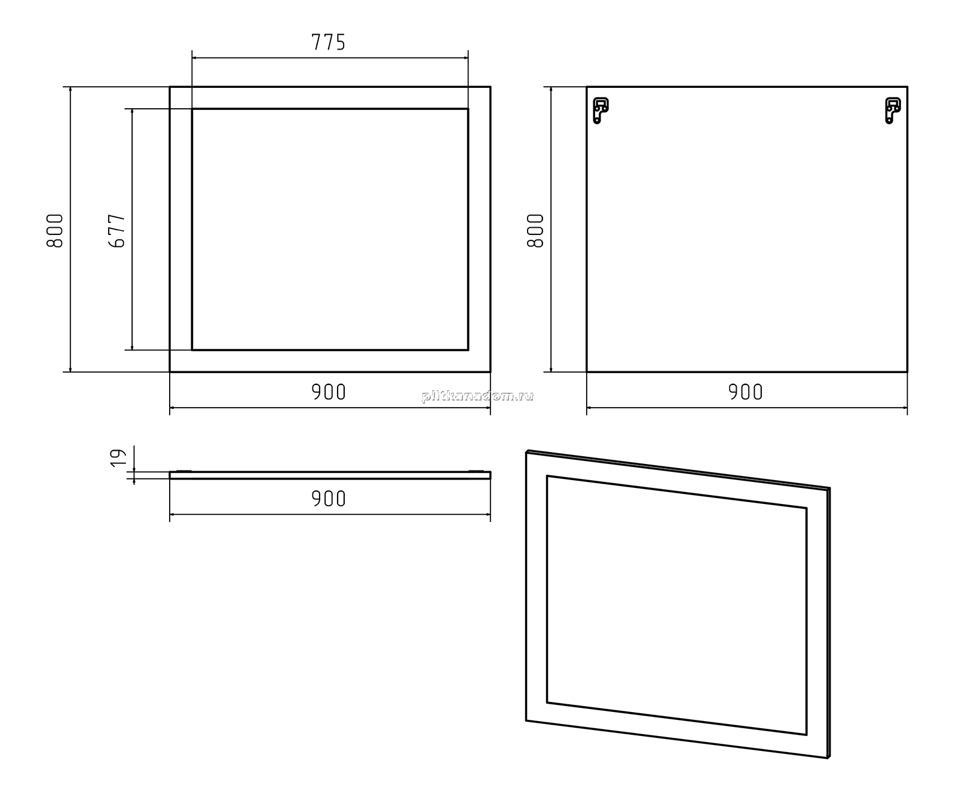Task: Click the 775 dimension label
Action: (x=329, y=42)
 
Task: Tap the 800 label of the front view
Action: (x=54, y=230)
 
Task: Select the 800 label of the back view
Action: (x=535, y=230)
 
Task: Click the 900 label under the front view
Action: (x=329, y=392)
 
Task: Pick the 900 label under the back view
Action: (x=746, y=392)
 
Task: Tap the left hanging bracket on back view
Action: (x=600, y=111)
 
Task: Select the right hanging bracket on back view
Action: (x=893, y=111)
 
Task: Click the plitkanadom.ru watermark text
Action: (x=477, y=396)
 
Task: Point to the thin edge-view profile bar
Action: (x=330, y=475)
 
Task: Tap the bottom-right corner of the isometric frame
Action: (x=828, y=758)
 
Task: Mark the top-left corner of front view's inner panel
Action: (x=192, y=109)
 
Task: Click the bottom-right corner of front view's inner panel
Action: (x=468, y=350)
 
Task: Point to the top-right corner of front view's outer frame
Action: (x=491, y=87)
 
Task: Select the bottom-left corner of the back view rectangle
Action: (x=587, y=372)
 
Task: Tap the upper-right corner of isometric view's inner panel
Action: (x=807, y=508)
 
